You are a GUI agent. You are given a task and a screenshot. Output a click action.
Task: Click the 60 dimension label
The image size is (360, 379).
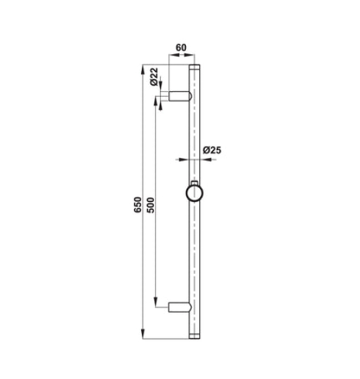point(181,48)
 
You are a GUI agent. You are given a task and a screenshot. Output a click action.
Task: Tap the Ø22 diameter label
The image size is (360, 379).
point(154,77)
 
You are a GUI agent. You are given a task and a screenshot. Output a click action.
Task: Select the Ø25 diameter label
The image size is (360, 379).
point(212,150)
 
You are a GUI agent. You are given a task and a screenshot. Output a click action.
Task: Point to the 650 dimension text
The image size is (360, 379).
point(138,205)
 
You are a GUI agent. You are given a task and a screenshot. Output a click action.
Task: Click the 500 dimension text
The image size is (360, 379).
point(150,205)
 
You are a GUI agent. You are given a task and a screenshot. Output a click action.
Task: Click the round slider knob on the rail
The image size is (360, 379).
point(194,193)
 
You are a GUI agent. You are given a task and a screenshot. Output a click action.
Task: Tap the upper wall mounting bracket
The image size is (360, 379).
point(180,96)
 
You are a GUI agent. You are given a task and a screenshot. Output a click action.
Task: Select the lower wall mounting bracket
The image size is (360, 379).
point(180,307)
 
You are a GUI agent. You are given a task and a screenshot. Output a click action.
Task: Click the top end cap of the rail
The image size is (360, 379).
point(194,67)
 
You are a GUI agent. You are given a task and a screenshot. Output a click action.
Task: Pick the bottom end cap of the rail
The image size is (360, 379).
point(194,336)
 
